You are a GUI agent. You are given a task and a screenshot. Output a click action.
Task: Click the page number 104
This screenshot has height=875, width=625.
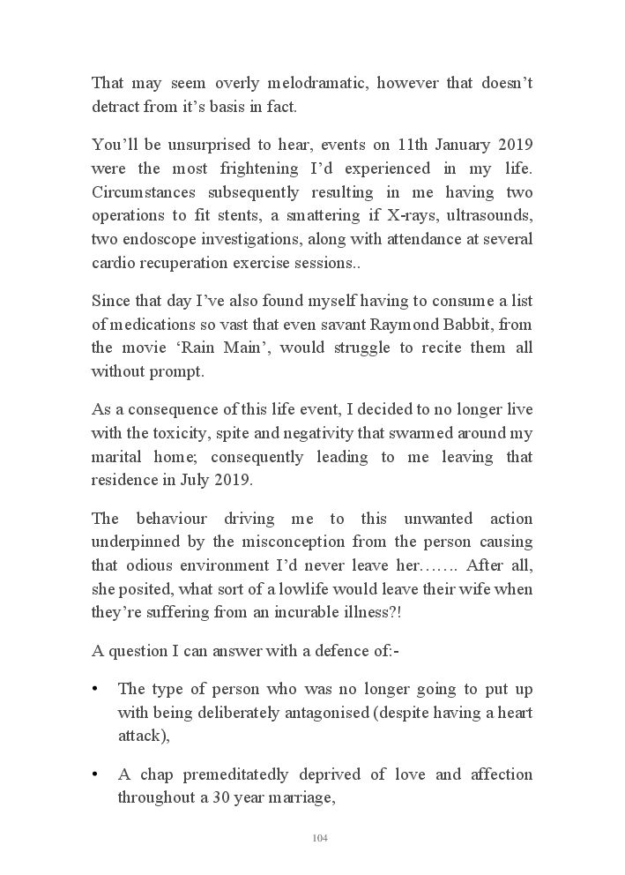click(320, 837)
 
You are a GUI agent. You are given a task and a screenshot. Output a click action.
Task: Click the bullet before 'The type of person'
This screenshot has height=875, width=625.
click(94, 688)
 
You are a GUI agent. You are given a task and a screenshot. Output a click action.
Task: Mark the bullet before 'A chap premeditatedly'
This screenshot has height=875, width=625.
click(94, 774)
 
